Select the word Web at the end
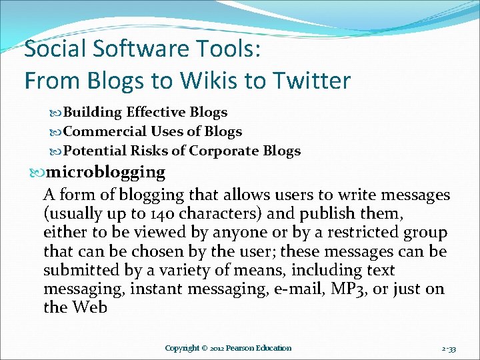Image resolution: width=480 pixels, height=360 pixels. [89, 308]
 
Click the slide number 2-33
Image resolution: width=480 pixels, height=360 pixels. [449, 348]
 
